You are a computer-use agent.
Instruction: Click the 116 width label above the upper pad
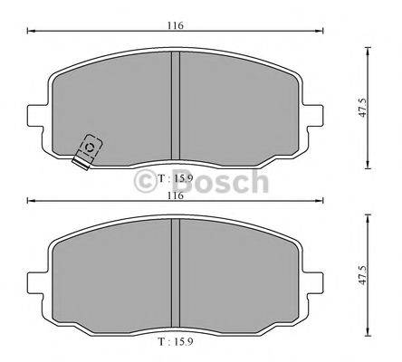(x=176, y=25)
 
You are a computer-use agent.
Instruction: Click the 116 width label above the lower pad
(x=176, y=195)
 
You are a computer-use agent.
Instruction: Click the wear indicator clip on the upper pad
(x=87, y=149)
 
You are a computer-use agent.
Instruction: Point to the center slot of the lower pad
(x=177, y=276)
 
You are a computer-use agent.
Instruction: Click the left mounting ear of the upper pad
(x=36, y=117)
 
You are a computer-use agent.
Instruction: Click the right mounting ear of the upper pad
(x=317, y=117)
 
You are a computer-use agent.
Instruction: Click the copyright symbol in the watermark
(x=148, y=182)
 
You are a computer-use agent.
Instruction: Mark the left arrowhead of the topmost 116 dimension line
(x=31, y=33)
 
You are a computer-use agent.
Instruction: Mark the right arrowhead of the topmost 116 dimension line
(x=323, y=33)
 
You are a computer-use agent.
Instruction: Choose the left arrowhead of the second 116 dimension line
(x=31, y=202)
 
